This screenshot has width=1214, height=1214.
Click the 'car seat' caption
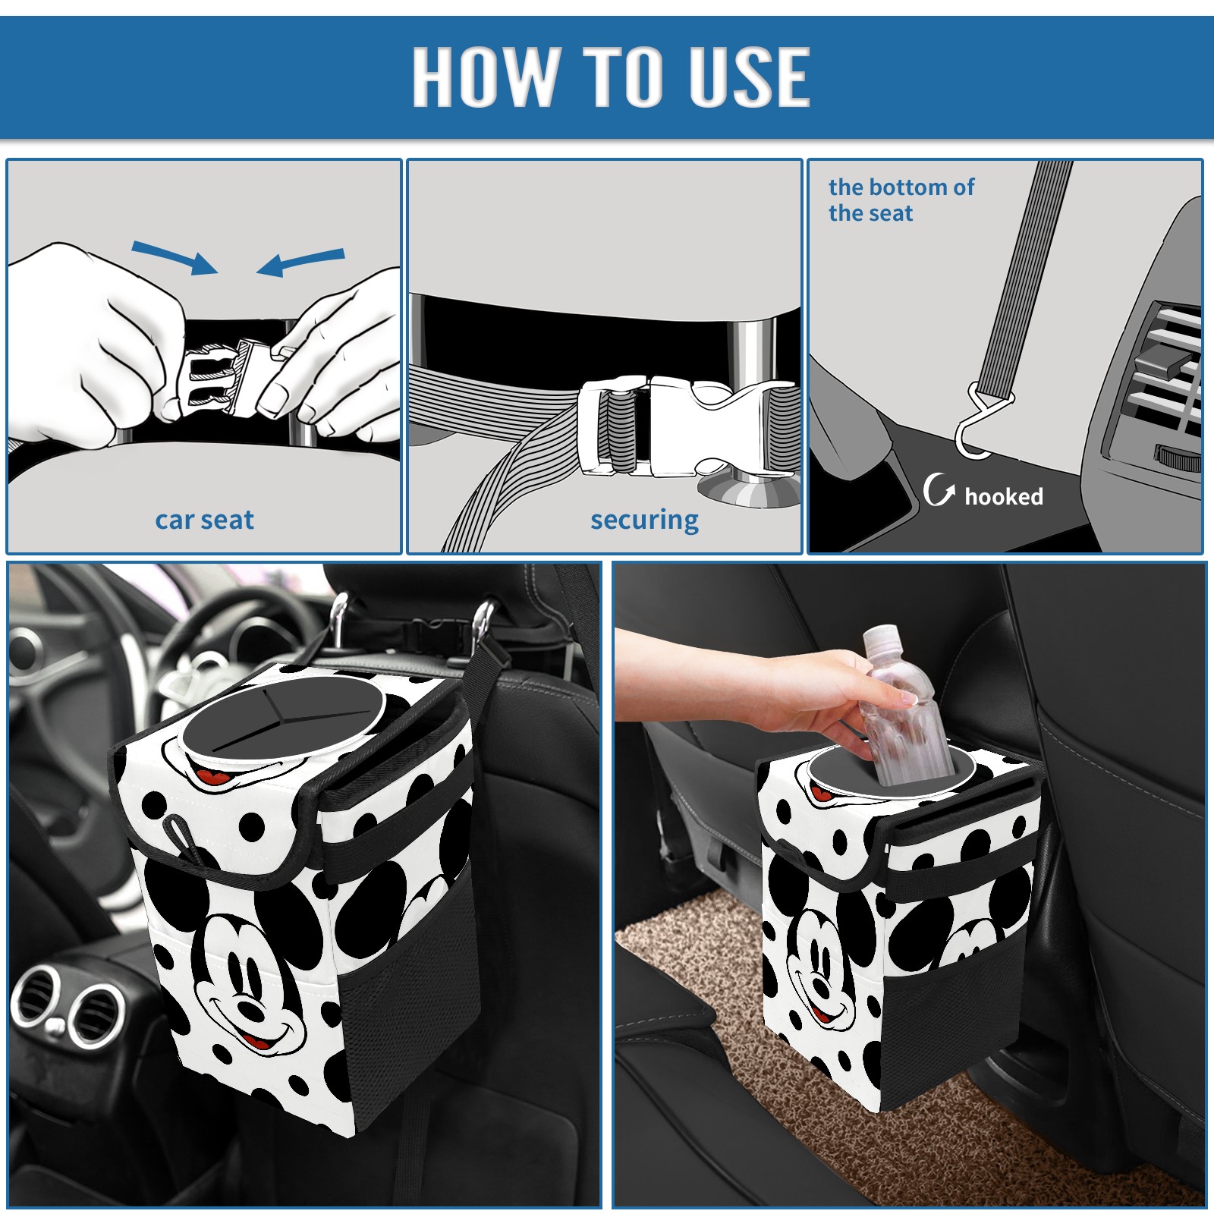204,521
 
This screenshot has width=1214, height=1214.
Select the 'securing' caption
644,521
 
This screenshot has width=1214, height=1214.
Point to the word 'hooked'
1004,496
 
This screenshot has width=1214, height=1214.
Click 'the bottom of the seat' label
901,200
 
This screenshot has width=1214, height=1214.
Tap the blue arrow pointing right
175,257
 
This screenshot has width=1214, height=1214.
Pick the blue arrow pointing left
301,263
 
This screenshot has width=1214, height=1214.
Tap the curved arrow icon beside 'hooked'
939,489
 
